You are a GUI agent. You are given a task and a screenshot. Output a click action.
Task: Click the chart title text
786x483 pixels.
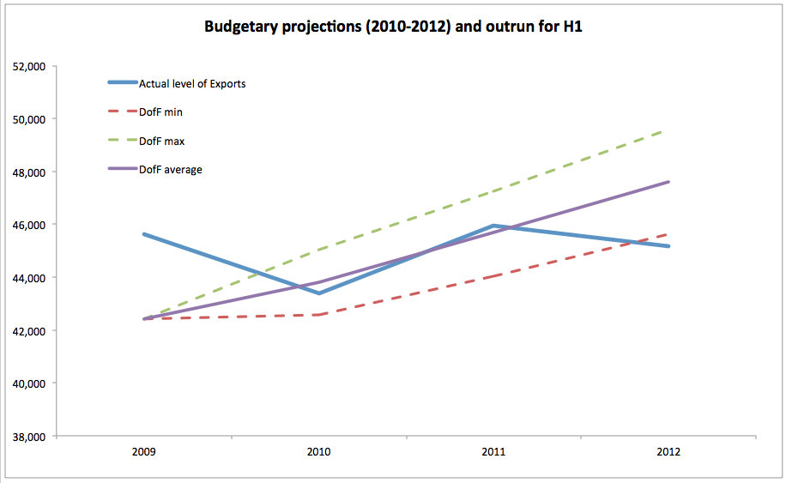coord(394,27)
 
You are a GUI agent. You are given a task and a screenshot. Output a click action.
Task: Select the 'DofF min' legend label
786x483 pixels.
coord(160,112)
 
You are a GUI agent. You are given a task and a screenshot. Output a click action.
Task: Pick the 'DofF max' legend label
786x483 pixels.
coord(161,141)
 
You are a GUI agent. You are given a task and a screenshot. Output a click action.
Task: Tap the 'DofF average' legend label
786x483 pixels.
coord(170,169)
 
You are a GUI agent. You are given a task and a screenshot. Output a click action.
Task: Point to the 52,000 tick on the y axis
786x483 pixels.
coord(28,66)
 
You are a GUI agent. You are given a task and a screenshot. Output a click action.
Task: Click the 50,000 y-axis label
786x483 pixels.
coord(28,119)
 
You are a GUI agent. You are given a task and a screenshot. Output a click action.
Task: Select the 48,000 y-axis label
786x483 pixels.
coord(28,172)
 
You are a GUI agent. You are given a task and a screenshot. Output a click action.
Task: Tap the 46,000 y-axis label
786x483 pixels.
coord(28,225)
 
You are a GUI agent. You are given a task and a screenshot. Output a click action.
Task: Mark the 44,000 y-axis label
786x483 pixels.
coord(28,278)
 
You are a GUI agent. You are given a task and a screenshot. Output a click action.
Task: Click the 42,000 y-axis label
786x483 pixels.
coord(28,331)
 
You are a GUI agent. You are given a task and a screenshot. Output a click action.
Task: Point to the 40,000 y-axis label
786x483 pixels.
coord(28,383)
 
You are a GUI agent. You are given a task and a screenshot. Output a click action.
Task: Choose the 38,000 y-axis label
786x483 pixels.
coord(28,437)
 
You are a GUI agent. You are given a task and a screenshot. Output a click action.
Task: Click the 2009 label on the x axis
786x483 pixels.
coord(144,451)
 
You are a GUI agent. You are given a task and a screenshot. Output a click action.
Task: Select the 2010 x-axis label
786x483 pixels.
coord(318,451)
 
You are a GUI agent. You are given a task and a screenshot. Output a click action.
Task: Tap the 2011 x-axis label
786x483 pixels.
coord(493,451)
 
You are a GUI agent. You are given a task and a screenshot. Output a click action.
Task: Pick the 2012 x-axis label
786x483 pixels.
coord(668,451)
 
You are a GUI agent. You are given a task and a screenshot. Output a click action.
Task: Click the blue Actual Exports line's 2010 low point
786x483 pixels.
coord(319,293)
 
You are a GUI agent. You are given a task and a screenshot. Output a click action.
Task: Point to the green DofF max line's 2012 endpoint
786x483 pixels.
coord(668,130)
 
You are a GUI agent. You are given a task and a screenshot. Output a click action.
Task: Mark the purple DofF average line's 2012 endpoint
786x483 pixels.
coord(668,182)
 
